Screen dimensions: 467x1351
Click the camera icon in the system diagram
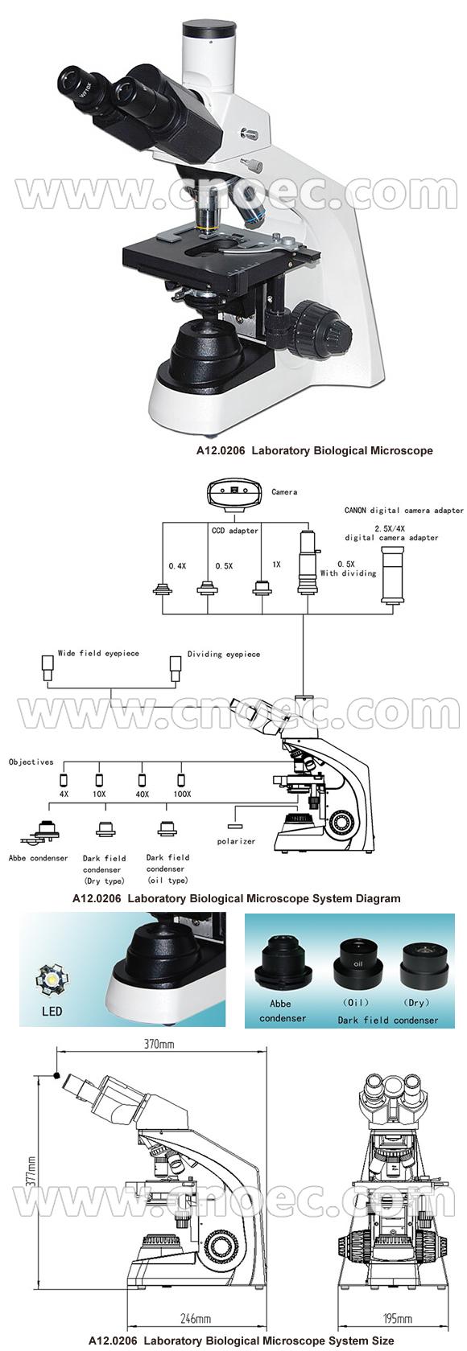[233, 491]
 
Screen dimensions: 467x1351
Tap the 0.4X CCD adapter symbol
[163, 588]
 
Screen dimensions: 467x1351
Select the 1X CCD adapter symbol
[260, 587]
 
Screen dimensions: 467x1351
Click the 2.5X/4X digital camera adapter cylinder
[392, 575]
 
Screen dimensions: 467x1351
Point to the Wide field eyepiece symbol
[48, 667]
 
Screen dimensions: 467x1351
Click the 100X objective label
[182, 794]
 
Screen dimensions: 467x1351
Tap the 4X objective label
[64, 794]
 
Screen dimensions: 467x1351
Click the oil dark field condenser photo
[357, 963]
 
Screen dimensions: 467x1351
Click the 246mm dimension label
[196, 1319]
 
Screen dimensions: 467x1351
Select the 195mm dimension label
[398, 1319]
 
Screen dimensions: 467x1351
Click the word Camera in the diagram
[284, 492]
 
